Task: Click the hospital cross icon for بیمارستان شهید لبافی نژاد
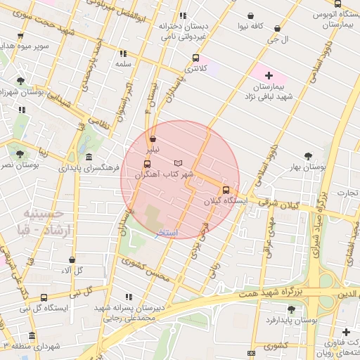[x=269, y=75]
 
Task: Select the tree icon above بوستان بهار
[x=308, y=156]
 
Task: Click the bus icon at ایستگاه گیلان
[x=226, y=190]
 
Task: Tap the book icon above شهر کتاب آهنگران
[x=177, y=163]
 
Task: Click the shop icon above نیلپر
[x=153, y=139]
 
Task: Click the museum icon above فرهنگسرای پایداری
[x=89, y=157]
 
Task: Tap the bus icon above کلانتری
[x=195, y=58]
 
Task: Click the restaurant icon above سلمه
[x=124, y=53]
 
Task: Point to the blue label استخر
[x=167, y=233]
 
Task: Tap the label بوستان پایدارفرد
[x=292, y=320]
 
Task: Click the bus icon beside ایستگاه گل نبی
[x=44, y=298]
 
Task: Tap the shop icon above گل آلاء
[x=72, y=260]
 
